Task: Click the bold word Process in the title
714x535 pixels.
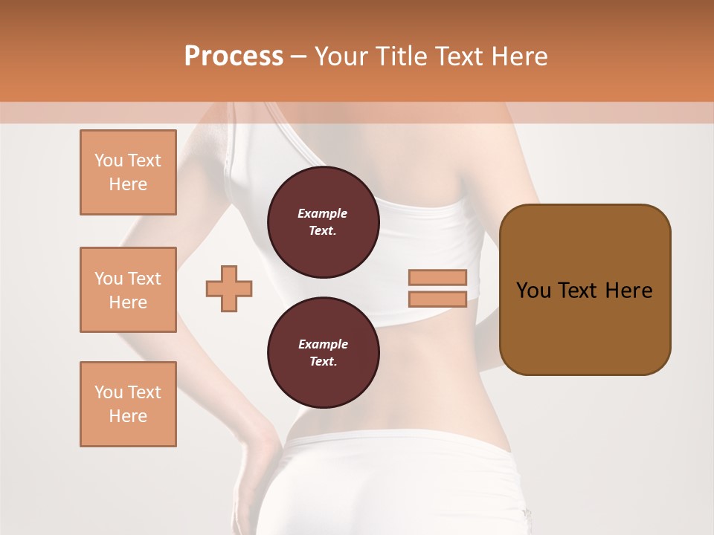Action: [x=234, y=56]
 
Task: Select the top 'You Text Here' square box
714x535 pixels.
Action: [x=128, y=172]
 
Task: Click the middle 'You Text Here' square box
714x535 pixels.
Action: [x=128, y=290]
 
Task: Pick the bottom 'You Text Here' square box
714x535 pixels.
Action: [x=128, y=404]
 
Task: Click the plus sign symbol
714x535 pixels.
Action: [x=229, y=288]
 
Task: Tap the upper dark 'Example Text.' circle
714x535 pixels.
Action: [x=323, y=222]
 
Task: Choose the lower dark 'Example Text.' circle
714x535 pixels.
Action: [x=323, y=353]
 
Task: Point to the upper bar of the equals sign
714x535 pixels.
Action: [x=438, y=277]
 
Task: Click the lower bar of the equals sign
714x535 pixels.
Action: [x=438, y=299]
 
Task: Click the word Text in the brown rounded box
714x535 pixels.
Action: [x=577, y=291]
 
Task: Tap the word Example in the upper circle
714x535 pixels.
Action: [x=323, y=213]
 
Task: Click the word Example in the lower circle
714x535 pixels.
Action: [x=323, y=344]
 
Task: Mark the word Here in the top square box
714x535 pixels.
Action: [x=128, y=184]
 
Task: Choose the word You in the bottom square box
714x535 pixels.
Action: [x=109, y=392]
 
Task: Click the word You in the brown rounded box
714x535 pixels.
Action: [x=533, y=291]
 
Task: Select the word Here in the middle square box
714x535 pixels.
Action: [x=128, y=302]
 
